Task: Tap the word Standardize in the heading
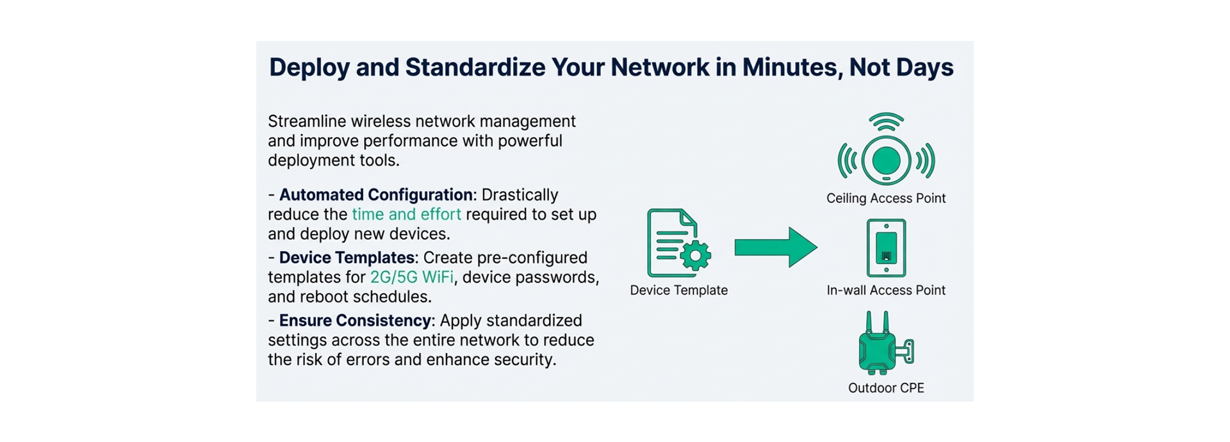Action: click(x=475, y=67)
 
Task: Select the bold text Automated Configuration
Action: click(x=376, y=195)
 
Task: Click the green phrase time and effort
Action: click(x=406, y=214)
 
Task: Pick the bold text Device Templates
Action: click(x=347, y=258)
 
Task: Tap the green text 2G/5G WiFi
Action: click(x=412, y=277)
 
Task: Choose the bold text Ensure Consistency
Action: click(x=356, y=320)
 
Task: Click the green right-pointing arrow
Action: click(x=776, y=247)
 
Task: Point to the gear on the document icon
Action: click(x=695, y=256)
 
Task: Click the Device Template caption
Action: click(x=678, y=290)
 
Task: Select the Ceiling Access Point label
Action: click(x=886, y=199)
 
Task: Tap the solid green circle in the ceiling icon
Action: click(x=886, y=160)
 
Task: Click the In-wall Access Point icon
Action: click(x=886, y=248)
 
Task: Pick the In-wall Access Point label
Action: click(x=886, y=290)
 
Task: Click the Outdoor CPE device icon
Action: click(x=885, y=343)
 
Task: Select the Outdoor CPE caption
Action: click(x=886, y=388)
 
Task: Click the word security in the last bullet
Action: click(x=525, y=359)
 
